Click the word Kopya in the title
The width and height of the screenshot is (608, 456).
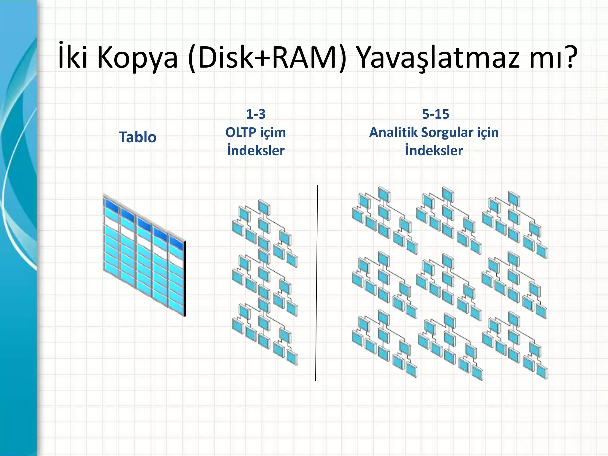point(137,58)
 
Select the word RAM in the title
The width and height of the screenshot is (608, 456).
point(305,58)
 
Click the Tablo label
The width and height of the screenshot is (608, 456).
point(137,137)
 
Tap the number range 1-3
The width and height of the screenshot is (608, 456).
point(256,114)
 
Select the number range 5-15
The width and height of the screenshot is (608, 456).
point(436,114)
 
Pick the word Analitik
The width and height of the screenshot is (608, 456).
point(393,132)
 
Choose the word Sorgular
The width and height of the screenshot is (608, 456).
point(447,132)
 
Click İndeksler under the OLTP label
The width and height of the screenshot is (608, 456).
point(256,151)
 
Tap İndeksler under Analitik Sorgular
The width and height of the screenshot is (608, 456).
point(434,151)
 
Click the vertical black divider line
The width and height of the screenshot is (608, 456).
point(317,282)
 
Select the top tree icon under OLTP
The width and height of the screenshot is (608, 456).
point(264,232)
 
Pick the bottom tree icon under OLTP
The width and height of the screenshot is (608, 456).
point(264,332)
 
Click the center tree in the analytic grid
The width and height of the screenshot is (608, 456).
point(448,285)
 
